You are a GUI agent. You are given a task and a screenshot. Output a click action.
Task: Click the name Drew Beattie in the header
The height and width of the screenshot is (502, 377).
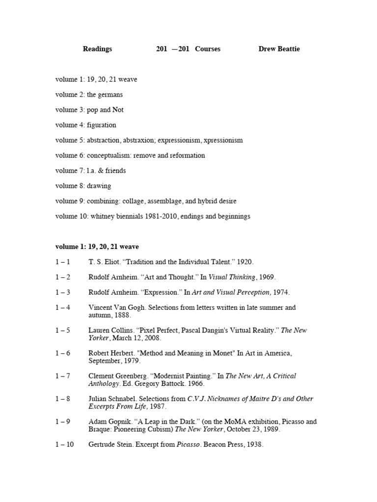(x=279, y=49)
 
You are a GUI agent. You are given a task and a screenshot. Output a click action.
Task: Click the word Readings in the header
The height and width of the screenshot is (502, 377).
(x=97, y=49)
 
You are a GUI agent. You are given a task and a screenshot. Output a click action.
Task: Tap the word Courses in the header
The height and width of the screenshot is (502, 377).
(x=208, y=49)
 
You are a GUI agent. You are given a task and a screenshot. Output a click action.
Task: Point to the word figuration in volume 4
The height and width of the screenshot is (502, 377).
(x=102, y=125)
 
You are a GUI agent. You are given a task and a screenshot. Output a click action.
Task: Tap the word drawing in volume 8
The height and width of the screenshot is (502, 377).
(x=99, y=186)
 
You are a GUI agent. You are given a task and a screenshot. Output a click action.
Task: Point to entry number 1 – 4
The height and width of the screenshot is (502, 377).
(x=63, y=307)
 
